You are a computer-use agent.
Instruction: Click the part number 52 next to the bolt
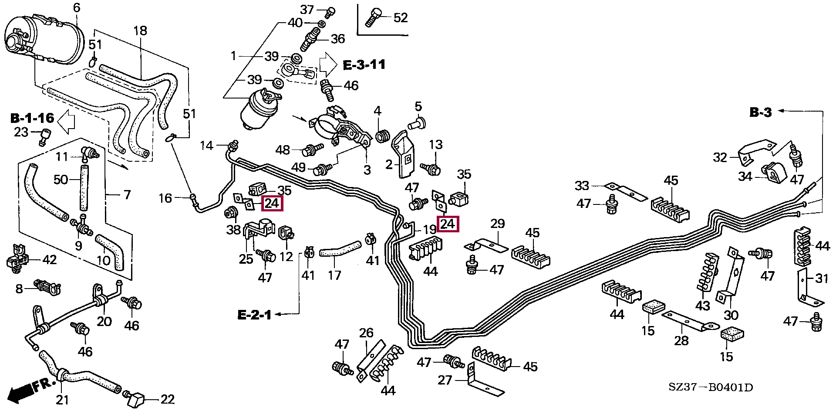(401, 18)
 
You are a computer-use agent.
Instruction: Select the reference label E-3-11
(364, 65)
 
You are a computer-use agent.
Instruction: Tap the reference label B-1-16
(32, 118)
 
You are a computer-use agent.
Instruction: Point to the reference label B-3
(760, 112)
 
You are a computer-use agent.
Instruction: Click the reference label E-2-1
(254, 314)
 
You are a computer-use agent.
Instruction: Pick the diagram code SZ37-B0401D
(711, 387)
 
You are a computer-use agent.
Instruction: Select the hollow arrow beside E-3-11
(328, 65)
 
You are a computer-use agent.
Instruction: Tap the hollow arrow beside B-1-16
(67, 122)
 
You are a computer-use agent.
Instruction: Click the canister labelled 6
(44, 38)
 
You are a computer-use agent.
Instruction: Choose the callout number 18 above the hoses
(140, 31)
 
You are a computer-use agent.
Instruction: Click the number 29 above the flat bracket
(498, 224)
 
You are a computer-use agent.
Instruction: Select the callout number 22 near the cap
(168, 399)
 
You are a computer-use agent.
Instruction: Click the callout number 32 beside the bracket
(720, 157)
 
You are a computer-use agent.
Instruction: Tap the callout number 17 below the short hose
(334, 275)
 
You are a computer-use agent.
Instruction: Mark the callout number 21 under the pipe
(62, 400)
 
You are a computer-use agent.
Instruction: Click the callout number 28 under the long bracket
(681, 340)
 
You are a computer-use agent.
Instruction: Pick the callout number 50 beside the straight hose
(61, 179)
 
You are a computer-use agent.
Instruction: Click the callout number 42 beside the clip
(50, 260)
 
